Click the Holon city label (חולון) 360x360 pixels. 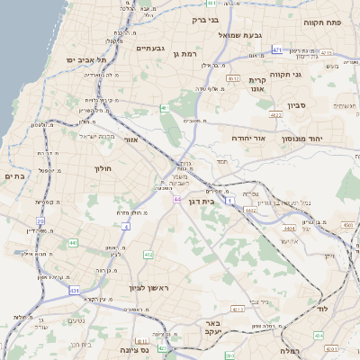[102, 168]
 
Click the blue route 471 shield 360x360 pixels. [276, 49]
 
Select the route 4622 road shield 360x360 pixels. [276, 115]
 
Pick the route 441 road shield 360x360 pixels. [72, 242]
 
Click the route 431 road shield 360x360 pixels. [74, 291]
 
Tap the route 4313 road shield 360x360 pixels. [237, 309]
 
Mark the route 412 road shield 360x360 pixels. [148, 255]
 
